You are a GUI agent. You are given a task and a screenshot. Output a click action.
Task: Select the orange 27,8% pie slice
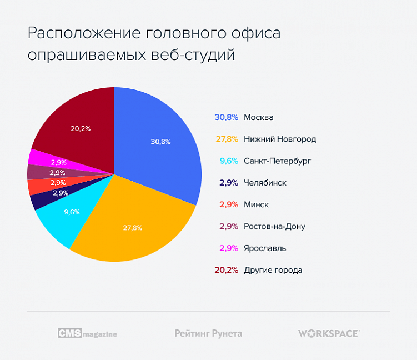pos(133,225)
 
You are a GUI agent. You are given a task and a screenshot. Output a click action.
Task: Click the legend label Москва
pos(259,117)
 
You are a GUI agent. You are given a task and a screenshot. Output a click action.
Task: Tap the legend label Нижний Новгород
pos(280,139)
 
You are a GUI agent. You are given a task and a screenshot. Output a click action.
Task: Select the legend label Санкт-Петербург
pos(278,161)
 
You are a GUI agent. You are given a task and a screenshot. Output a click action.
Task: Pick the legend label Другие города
pos(273,270)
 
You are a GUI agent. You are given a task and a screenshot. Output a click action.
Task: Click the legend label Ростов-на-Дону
pos(274,227)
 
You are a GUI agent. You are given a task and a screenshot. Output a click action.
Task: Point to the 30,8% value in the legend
pos(226,117)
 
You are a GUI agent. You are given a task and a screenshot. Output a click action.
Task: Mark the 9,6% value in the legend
pos(229,161)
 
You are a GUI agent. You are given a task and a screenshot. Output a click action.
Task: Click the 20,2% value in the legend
pos(226,270)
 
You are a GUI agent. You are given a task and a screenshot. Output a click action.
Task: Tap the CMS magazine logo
pos(87,333)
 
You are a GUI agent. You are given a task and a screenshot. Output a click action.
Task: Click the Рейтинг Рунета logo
pos(208,333)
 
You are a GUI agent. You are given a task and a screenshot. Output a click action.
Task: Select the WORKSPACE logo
pos(329,333)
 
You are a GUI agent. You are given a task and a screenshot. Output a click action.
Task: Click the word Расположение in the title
pos(83,34)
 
